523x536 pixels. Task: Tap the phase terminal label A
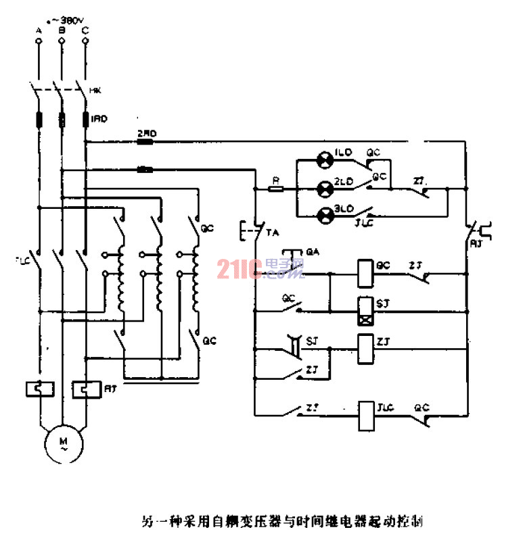click(39, 31)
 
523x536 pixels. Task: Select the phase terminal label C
click(85, 31)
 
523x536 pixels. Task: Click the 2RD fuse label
click(146, 134)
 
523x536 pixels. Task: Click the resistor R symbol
click(275, 189)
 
